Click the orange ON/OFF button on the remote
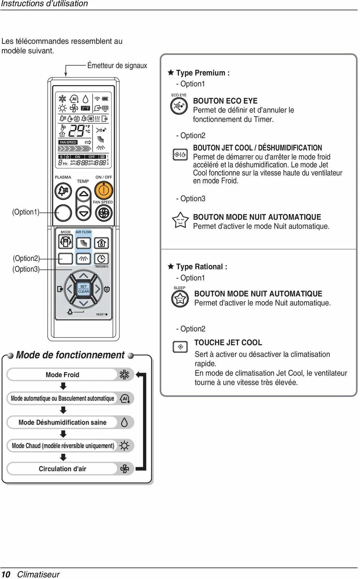point(104,190)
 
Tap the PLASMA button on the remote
point(63,191)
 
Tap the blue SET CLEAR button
point(83,289)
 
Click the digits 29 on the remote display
point(76,131)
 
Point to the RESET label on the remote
point(101,314)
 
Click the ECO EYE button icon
point(179,106)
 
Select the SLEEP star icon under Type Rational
point(180,299)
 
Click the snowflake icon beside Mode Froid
point(124,375)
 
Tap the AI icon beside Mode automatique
point(124,398)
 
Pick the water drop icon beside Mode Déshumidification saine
point(124,422)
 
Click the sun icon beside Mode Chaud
point(124,445)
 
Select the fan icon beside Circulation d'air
point(124,469)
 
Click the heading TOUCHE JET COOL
point(228,342)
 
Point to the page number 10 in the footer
point(6,574)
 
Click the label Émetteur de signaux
point(117,66)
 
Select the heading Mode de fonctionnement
point(70,355)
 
